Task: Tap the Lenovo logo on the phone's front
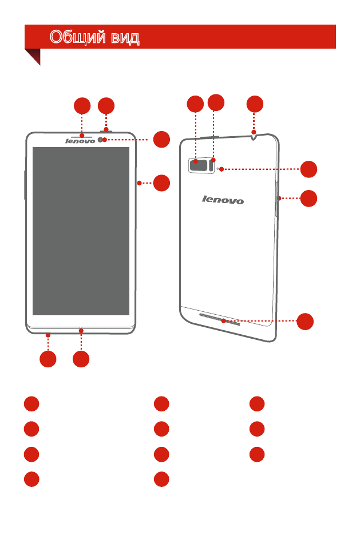click(80, 141)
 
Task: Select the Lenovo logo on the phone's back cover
click(223, 200)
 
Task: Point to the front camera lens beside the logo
click(100, 140)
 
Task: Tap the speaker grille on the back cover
click(220, 319)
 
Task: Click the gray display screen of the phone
click(81, 231)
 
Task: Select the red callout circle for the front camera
click(161, 139)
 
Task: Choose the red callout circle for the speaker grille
click(305, 322)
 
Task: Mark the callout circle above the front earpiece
click(82, 106)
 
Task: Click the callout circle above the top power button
click(106, 106)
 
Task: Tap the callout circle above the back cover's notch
click(255, 104)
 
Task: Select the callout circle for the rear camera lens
click(196, 104)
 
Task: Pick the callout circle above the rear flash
click(216, 102)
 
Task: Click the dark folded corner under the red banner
click(35, 54)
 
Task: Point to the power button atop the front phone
click(106, 130)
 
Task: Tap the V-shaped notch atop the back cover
click(254, 137)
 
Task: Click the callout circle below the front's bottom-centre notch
click(81, 359)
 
